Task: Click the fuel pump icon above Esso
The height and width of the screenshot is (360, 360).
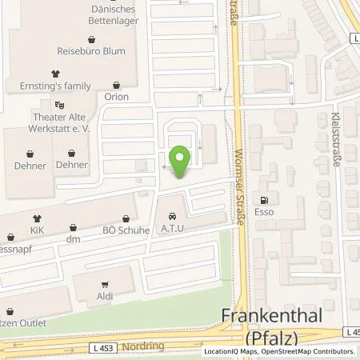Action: click(x=261, y=200)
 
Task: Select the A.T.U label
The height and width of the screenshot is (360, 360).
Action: click(x=172, y=230)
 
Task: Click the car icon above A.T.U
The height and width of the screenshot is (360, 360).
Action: click(x=172, y=216)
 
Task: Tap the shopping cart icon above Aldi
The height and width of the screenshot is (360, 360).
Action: click(x=104, y=284)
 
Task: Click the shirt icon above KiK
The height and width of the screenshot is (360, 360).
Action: click(x=36, y=218)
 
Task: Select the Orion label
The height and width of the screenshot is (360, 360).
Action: click(x=118, y=97)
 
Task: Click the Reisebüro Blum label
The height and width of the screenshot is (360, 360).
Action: click(x=93, y=50)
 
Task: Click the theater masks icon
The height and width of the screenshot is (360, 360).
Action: click(x=58, y=104)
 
